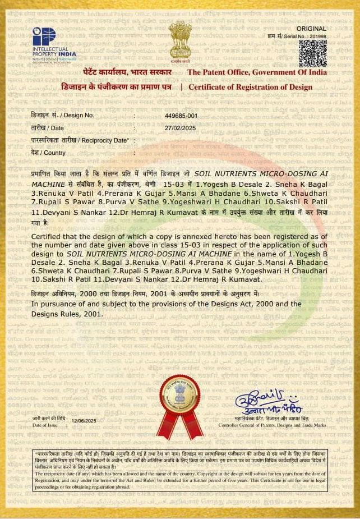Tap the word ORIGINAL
[311, 28]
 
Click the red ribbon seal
[180, 399]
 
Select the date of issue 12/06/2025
[85, 420]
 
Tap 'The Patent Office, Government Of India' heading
[257, 72]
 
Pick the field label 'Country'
[48, 153]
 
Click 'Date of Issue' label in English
[45, 426]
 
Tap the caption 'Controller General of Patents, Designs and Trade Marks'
[280, 426]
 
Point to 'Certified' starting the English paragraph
[50, 238]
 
